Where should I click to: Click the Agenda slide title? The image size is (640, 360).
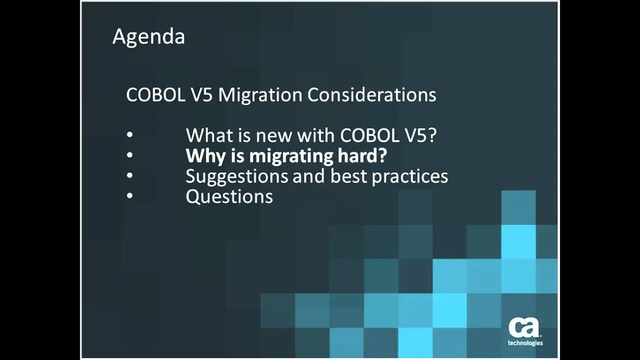(149, 37)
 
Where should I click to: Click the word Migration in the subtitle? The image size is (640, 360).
(260, 95)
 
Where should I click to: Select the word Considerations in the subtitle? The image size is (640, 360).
(371, 95)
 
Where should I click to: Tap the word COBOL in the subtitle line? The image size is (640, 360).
(155, 95)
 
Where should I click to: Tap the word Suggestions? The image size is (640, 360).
(237, 177)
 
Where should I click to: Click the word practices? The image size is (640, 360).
(409, 176)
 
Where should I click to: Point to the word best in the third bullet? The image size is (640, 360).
(348, 176)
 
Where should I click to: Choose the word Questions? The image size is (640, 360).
(229, 197)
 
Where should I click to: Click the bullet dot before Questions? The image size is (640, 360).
(129, 195)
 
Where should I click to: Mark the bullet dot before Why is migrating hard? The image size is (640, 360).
(129, 155)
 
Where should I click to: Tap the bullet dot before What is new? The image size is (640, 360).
(129, 134)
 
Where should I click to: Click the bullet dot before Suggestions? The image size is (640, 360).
(129, 175)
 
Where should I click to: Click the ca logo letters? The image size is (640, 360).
(523, 328)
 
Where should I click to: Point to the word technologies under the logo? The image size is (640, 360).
(525, 343)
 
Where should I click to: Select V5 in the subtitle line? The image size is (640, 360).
(201, 95)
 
